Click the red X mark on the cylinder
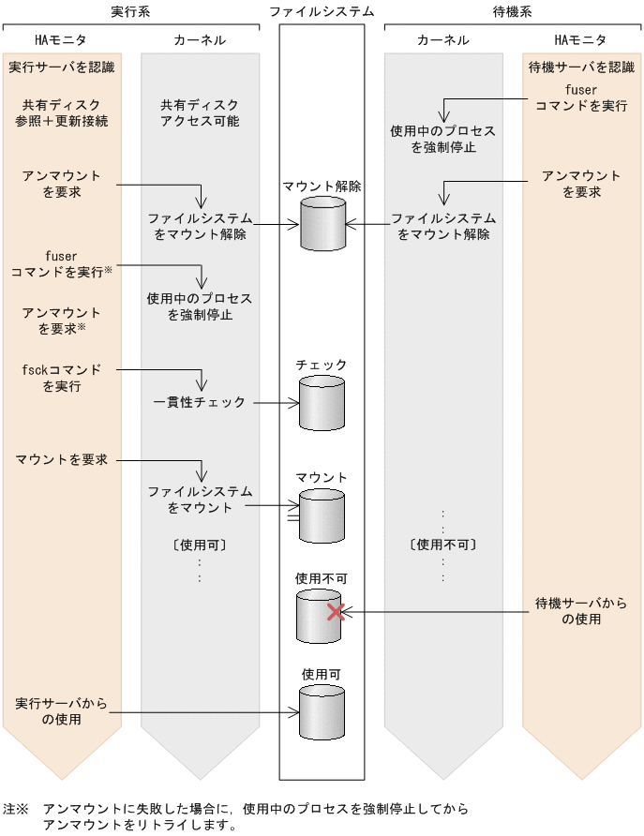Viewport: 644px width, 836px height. (x=336, y=612)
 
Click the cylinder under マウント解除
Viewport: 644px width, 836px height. (x=322, y=223)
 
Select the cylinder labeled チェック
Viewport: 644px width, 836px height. (x=322, y=402)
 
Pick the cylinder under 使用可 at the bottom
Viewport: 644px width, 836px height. (x=322, y=713)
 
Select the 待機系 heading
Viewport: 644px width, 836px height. (x=513, y=11)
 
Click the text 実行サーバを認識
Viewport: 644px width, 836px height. (x=62, y=67)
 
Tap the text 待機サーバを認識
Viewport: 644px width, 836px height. (x=581, y=67)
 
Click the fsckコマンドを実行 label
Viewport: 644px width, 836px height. (x=62, y=378)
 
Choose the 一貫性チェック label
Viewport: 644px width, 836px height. (x=200, y=402)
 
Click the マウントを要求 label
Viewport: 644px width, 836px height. (x=62, y=459)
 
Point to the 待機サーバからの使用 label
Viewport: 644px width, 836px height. (x=581, y=610)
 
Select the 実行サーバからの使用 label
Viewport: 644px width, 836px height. (x=62, y=711)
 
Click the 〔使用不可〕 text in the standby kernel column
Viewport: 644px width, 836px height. (x=442, y=544)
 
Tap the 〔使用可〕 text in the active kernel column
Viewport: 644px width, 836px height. (x=200, y=544)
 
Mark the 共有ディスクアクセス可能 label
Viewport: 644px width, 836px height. (x=200, y=113)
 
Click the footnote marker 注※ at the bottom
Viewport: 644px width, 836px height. (x=16, y=808)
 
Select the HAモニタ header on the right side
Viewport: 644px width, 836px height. (x=581, y=40)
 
